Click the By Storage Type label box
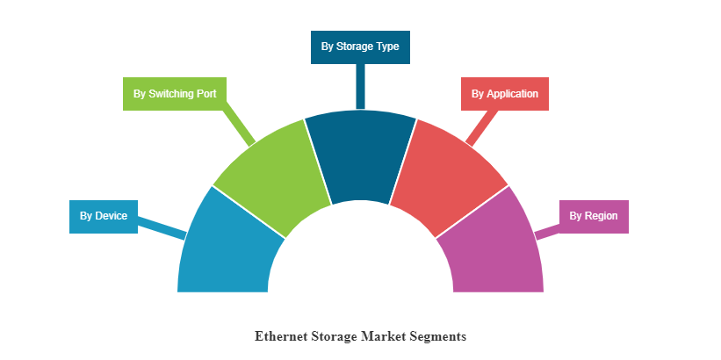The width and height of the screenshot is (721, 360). pyautogui.click(x=360, y=47)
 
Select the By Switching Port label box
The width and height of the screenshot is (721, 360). pyautogui.click(x=175, y=94)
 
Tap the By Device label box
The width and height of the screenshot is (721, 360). pyautogui.click(x=104, y=217)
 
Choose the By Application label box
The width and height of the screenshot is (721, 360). pyautogui.click(x=505, y=94)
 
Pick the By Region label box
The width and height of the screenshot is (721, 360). pyautogui.click(x=594, y=217)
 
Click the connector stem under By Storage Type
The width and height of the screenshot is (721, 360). pyautogui.click(x=360, y=86)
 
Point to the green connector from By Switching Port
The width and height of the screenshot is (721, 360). pyautogui.click(x=238, y=127)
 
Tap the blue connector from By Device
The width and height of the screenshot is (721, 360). pyautogui.click(x=162, y=227)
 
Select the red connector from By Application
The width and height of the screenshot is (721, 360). pyautogui.click(x=482, y=127)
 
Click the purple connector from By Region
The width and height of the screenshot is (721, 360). pyautogui.click(x=548, y=232)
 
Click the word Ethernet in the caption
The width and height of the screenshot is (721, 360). pyautogui.click(x=281, y=336)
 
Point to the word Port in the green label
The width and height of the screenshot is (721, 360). pyautogui.click(x=206, y=94)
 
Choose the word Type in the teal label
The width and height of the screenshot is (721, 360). pyautogui.click(x=388, y=47)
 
